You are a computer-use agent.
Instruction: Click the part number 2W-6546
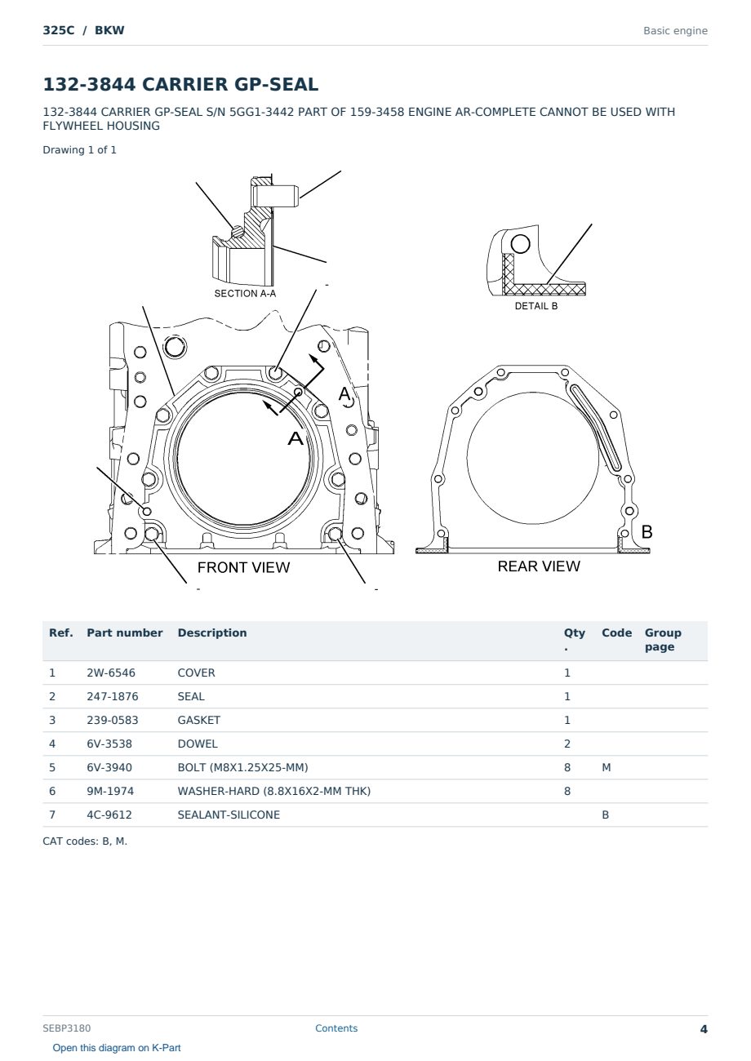110,673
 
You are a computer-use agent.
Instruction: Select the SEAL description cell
191,696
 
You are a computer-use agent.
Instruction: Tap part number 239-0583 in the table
113,720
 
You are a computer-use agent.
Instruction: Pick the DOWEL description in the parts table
198,744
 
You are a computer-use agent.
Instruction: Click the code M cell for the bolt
606,767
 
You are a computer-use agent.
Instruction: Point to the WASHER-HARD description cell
273,791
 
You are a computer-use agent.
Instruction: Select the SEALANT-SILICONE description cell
229,815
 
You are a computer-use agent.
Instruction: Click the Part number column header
125,633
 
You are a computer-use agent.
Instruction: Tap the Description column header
211,633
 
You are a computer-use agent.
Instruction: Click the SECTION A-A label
245,294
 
